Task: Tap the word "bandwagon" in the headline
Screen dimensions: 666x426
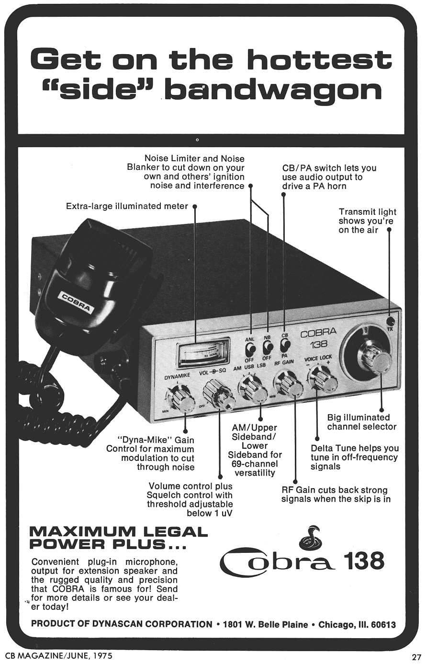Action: pyautogui.click(x=276, y=90)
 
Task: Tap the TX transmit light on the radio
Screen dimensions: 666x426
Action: pyautogui.click(x=391, y=322)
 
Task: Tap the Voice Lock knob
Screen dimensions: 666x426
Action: pyautogui.click(x=323, y=378)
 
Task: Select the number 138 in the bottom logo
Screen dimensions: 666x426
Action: pyautogui.click(x=363, y=561)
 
